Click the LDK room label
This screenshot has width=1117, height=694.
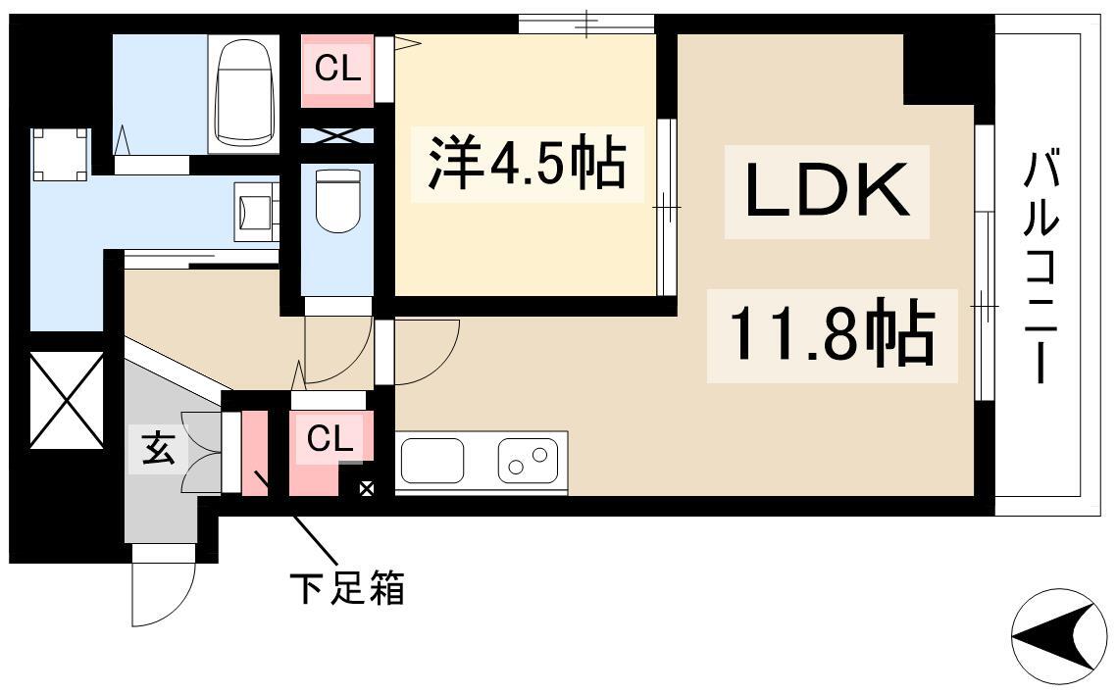click(827, 191)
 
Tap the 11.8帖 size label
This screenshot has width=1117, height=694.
click(832, 335)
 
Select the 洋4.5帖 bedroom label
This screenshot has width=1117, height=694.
click(528, 164)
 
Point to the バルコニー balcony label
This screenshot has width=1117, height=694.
click(1040, 268)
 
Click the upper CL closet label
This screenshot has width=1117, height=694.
click(337, 69)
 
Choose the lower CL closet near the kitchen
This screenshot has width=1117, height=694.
click(330, 439)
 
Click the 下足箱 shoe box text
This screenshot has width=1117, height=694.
click(347, 588)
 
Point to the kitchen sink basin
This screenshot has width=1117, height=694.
click(433, 461)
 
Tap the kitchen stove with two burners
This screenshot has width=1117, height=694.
click(528, 461)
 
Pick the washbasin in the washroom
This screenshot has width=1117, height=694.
click(254, 212)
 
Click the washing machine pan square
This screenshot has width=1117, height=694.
click(61, 155)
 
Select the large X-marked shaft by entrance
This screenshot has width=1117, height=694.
click(67, 399)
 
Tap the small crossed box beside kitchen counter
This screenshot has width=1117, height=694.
click(366, 489)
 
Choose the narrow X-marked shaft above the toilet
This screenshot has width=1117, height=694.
click(337, 135)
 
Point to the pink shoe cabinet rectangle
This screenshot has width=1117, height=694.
click(254, 453)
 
